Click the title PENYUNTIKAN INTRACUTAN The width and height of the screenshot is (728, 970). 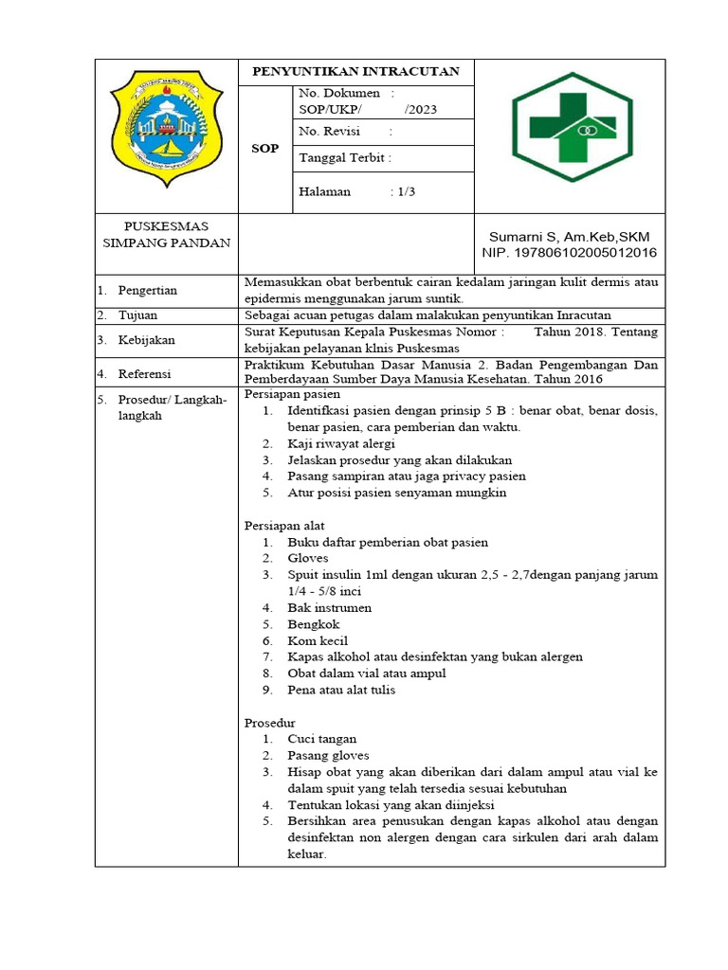(355, 72)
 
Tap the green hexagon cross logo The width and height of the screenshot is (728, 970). (569, 126)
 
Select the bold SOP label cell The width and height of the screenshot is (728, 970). (264, 149)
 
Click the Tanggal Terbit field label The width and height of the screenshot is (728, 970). (344, 158)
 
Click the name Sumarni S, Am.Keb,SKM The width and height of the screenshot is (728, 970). (570, 236)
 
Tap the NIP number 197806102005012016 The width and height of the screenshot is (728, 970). (569, 253)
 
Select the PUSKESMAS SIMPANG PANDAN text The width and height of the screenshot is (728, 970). (167, 235)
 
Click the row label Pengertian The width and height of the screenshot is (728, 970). (147, 290)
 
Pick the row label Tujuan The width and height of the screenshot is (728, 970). (137, 314)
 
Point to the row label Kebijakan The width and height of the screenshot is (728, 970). (145, 340)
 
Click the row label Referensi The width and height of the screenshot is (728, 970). (144, 374)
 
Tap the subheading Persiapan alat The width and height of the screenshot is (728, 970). (285, 525)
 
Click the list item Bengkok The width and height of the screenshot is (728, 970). (314, 624)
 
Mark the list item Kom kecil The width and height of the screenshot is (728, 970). (318, 640)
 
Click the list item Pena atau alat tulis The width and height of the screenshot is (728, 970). (341, 690)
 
